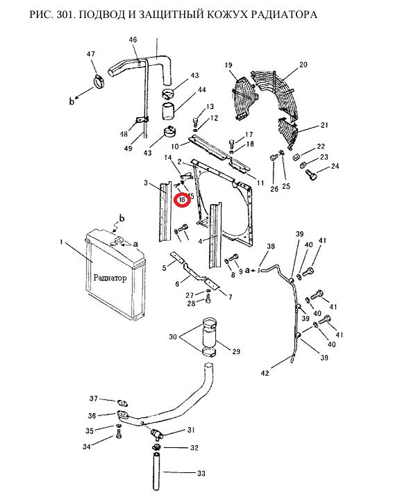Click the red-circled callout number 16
pyautogui.click(x=181, y=201)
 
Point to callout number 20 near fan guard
pyautogui.click(x=303, y=65)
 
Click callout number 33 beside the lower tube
pyautogui.click(x=201, y=474)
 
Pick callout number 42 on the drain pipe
pyautogui.click(x=264, y=374)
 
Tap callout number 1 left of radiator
pyautogui.click(x=62, y=242)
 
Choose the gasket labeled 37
pyautogui.click(x=122, y=401)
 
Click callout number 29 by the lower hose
pyautogui.click(x=235, y=352)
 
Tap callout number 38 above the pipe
pyautogui.click(x=271, y=246)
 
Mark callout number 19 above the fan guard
pyautogui.click(x=227, y=65)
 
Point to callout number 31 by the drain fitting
pyautogui.click(x=191, y=430)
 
